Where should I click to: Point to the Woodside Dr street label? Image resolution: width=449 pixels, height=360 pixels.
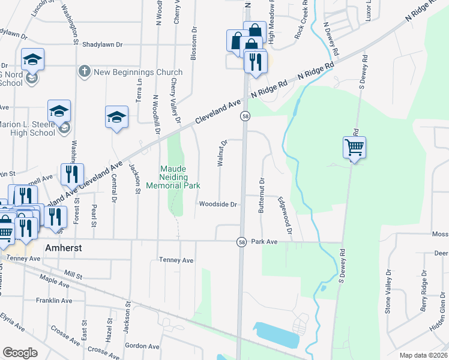click(218, 205)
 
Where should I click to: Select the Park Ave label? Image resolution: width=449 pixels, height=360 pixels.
click(264, 242)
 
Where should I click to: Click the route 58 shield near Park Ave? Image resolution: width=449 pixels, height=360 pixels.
click(241, 242)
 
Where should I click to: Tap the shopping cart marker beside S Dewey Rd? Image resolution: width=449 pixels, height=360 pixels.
click(354, 147)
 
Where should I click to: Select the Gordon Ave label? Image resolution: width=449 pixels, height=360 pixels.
click(142, 346)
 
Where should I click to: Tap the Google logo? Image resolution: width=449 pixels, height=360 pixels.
click(20, 353)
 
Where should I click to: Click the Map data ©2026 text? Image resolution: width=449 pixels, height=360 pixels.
click(423, 355)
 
